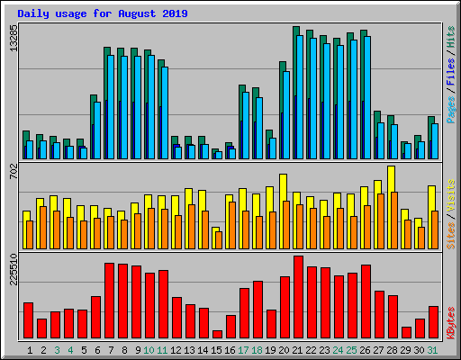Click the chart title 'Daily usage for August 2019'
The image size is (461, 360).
[x=102, y=13]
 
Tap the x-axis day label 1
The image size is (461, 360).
[x=30, y=349]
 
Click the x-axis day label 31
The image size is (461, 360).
[x=433, y=349]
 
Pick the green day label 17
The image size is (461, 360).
[x=244, y=349]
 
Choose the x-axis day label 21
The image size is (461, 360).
[x=298, y=349]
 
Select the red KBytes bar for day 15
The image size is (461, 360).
[x=217, y=334]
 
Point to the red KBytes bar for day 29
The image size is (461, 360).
[x=406, y=332]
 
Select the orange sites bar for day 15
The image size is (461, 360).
[x=218, y=239]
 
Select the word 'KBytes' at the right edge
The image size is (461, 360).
[x=450, y=321]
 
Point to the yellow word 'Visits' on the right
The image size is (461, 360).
[x=450, y=196]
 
